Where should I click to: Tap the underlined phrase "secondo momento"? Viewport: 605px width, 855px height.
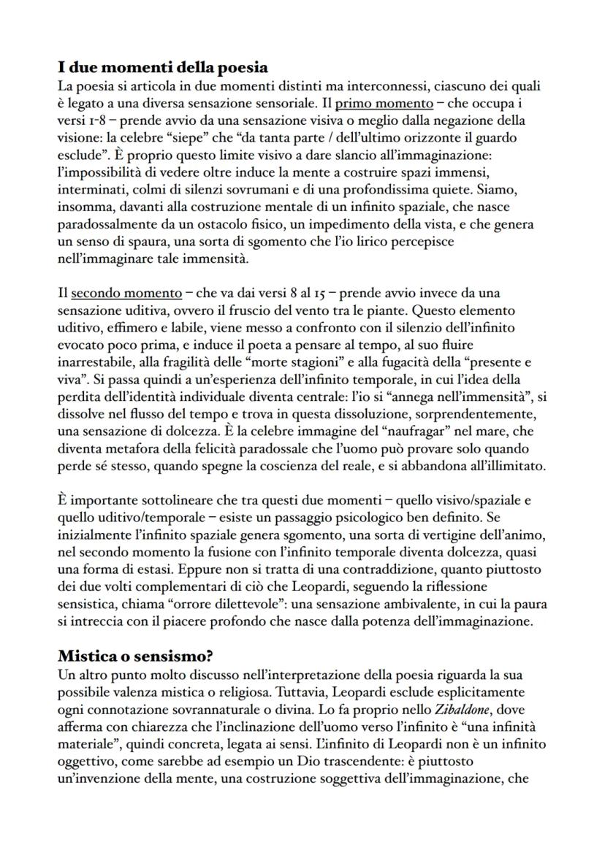pyautogui.click(x=126, y=294)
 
